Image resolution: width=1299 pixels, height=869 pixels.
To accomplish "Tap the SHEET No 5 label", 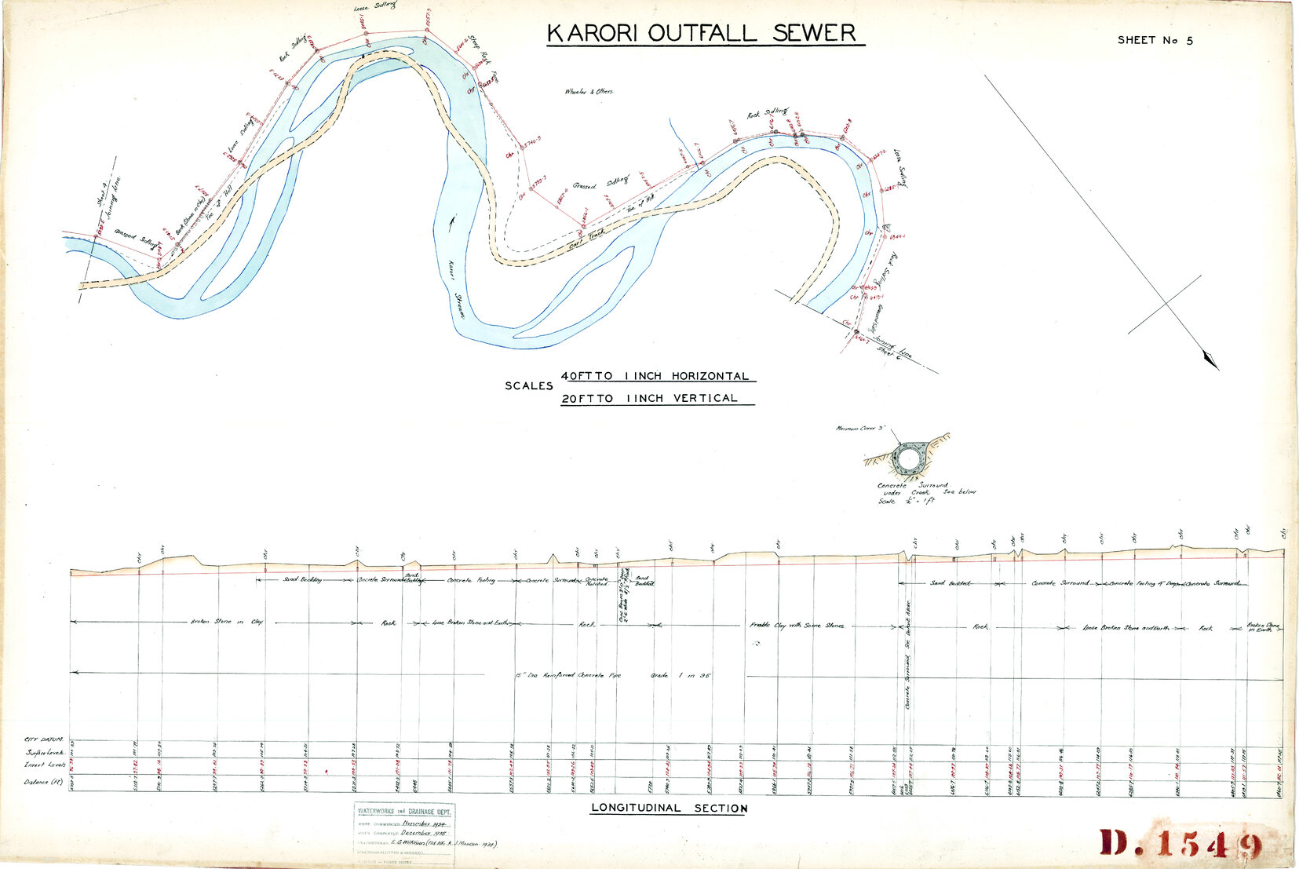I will point(1155,40).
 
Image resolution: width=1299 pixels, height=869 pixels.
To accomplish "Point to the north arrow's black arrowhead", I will point(1210,360).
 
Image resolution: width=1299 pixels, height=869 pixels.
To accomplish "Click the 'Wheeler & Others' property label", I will point(589,92).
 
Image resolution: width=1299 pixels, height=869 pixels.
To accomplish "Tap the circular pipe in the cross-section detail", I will point(908,457).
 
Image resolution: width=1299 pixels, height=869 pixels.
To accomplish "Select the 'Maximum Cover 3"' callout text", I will point(860,429).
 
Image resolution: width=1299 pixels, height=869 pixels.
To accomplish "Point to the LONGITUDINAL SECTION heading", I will point(669,808).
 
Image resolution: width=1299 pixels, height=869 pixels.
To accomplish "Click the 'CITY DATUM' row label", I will point(42,739).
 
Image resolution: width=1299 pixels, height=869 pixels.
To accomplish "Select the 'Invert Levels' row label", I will point(46,764).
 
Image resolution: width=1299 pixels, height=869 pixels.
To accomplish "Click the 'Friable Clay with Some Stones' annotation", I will point(796,626).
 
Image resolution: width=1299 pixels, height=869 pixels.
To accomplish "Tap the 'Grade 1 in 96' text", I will point(681,675).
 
